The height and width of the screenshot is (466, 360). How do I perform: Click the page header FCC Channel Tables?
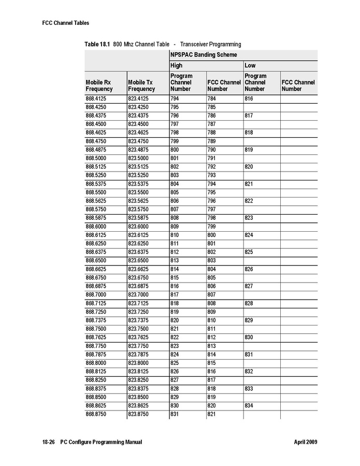coord(65,23)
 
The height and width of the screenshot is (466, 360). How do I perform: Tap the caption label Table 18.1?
coord(97,44)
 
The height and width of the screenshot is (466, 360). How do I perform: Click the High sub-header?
coord(177,66)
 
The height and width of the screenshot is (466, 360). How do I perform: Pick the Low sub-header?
coord(250,66)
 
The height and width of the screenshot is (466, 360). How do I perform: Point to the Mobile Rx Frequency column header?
coord(99,86)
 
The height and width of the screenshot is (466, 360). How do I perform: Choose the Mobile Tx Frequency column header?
coord(141,86)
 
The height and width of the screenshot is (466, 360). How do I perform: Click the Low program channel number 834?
coord(249,405)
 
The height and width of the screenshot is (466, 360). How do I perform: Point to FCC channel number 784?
coord(212,98)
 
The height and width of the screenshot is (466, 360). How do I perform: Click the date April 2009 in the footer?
coord(305,442)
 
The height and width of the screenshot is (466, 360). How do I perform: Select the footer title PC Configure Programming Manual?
coord(101,442)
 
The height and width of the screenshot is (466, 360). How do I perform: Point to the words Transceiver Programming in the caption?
coord(210,44)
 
